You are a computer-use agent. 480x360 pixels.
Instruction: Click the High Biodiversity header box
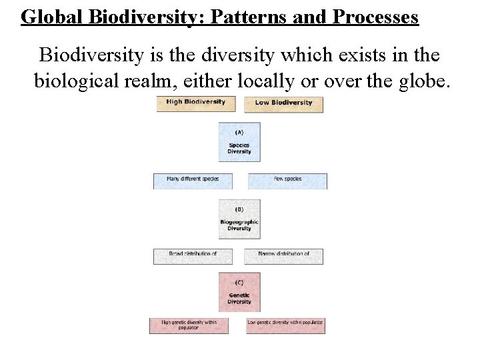196,103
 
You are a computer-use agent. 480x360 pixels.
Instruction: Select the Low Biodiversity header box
283,103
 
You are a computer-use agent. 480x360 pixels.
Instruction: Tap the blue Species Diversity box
239,142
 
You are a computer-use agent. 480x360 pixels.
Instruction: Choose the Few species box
287,180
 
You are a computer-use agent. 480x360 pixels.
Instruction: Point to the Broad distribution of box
193,255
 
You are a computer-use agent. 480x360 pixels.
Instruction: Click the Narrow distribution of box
283,255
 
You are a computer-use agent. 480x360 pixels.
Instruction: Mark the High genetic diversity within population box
189,325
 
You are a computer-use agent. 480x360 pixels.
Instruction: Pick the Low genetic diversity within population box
285,325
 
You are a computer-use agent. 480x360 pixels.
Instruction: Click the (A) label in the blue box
239,132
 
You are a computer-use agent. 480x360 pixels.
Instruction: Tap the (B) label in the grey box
239,209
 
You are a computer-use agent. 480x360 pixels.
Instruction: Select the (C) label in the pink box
239,282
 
